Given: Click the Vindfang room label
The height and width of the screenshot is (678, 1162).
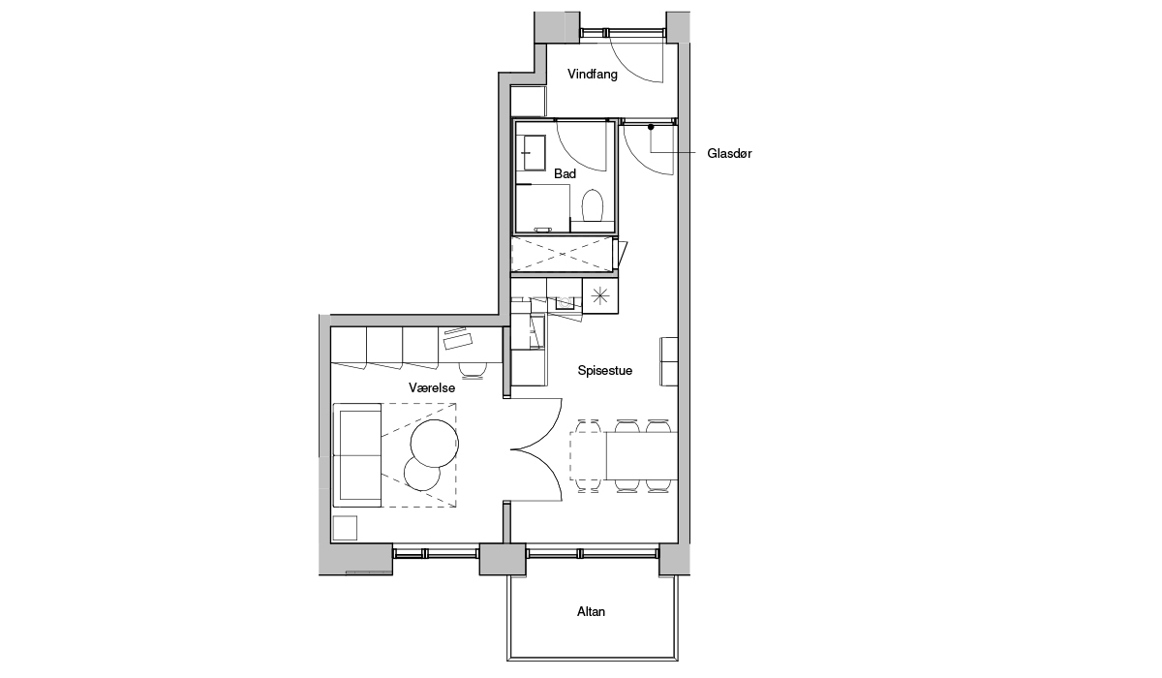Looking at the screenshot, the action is point(593,75).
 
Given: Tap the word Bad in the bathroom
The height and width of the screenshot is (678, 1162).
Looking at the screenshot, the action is point(565,173).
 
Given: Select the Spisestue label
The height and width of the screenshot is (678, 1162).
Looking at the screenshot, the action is point(605,370).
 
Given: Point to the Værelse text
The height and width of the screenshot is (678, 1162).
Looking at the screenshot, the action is point(432,387).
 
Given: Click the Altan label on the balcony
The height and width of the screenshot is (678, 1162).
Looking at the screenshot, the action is point(591,611).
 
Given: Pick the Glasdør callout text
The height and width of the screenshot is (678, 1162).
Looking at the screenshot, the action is point(729,154).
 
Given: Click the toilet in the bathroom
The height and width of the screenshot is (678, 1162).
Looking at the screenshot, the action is point(592,205).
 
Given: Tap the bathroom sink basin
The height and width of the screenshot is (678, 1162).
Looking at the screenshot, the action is point(535,152).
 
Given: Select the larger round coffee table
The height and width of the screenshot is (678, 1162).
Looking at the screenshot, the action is point(434,444).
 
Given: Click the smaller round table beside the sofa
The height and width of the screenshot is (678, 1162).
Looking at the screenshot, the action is point(421,474).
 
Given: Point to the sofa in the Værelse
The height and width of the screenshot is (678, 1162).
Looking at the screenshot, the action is point(357,455).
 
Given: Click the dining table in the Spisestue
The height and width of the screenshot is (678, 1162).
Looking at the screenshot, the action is point(641,456).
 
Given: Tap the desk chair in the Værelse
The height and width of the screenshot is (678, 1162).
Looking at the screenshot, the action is point(474,369).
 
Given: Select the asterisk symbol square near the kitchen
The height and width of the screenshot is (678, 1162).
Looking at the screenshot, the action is point(600,296).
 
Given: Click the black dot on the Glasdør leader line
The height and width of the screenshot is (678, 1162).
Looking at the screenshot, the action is point(651,127).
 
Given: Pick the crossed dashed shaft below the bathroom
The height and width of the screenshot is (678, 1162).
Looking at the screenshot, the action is point(563,254).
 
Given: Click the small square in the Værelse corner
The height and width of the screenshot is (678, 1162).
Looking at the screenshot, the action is point(345,528).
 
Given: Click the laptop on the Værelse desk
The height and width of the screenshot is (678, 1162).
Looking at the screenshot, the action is point(457,339).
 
